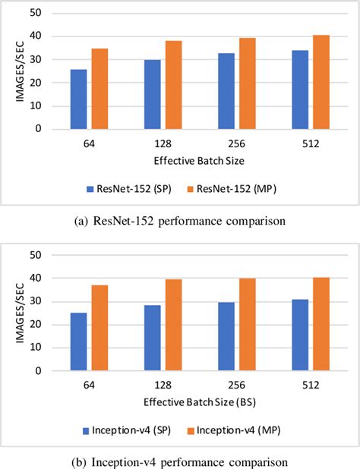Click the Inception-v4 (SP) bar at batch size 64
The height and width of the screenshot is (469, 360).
point(79,342)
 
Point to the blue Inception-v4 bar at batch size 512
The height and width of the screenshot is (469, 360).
point(300,335)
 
